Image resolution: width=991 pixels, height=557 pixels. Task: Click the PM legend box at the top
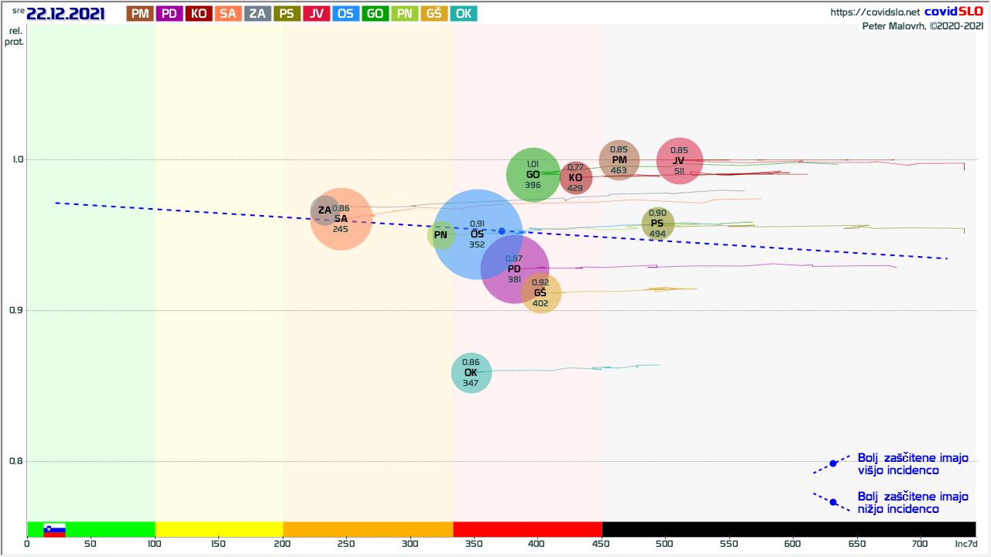coord(140,13)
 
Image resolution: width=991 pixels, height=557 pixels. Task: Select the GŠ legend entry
coord(434,13)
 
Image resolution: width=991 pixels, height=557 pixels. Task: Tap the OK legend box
coord(463,13)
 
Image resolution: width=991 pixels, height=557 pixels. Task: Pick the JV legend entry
coord(317,13)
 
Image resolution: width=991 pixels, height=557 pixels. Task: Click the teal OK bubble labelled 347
coord(471,373)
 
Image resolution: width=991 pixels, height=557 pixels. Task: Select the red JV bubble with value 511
coord(679,161)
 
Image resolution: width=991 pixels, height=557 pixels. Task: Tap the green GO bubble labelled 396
coord(533,175)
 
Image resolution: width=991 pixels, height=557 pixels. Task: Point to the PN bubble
coord(441,235)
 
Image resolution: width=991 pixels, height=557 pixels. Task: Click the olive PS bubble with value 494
coord(657,224)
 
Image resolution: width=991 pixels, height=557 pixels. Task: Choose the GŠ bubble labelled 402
coord(540,293)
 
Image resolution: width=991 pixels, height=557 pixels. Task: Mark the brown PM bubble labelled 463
coord(619,160)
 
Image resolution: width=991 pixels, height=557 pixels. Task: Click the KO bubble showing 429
coord(575,178)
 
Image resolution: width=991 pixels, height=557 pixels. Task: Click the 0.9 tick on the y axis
coord(15,311)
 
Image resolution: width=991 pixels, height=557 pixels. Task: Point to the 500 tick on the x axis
coord(665,545)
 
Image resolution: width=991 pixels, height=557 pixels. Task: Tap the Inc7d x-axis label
coord(965,545)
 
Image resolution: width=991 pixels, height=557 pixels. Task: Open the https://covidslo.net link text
coord(875,12)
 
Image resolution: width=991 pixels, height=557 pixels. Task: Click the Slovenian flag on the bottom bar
coord(54,530)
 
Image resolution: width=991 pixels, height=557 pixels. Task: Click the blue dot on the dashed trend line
coord(502,231)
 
